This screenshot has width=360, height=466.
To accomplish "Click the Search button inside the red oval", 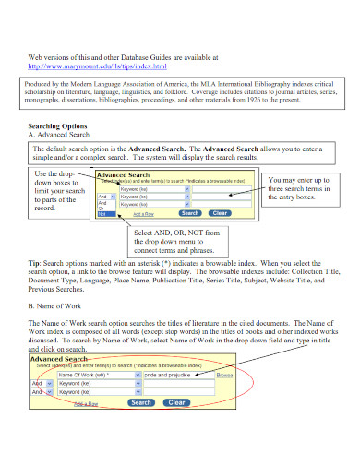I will click(x=141, y=402).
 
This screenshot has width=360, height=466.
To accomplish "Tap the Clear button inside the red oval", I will click(x=174, y=402).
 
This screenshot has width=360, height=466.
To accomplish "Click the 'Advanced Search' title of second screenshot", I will click(x=59, y=359).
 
